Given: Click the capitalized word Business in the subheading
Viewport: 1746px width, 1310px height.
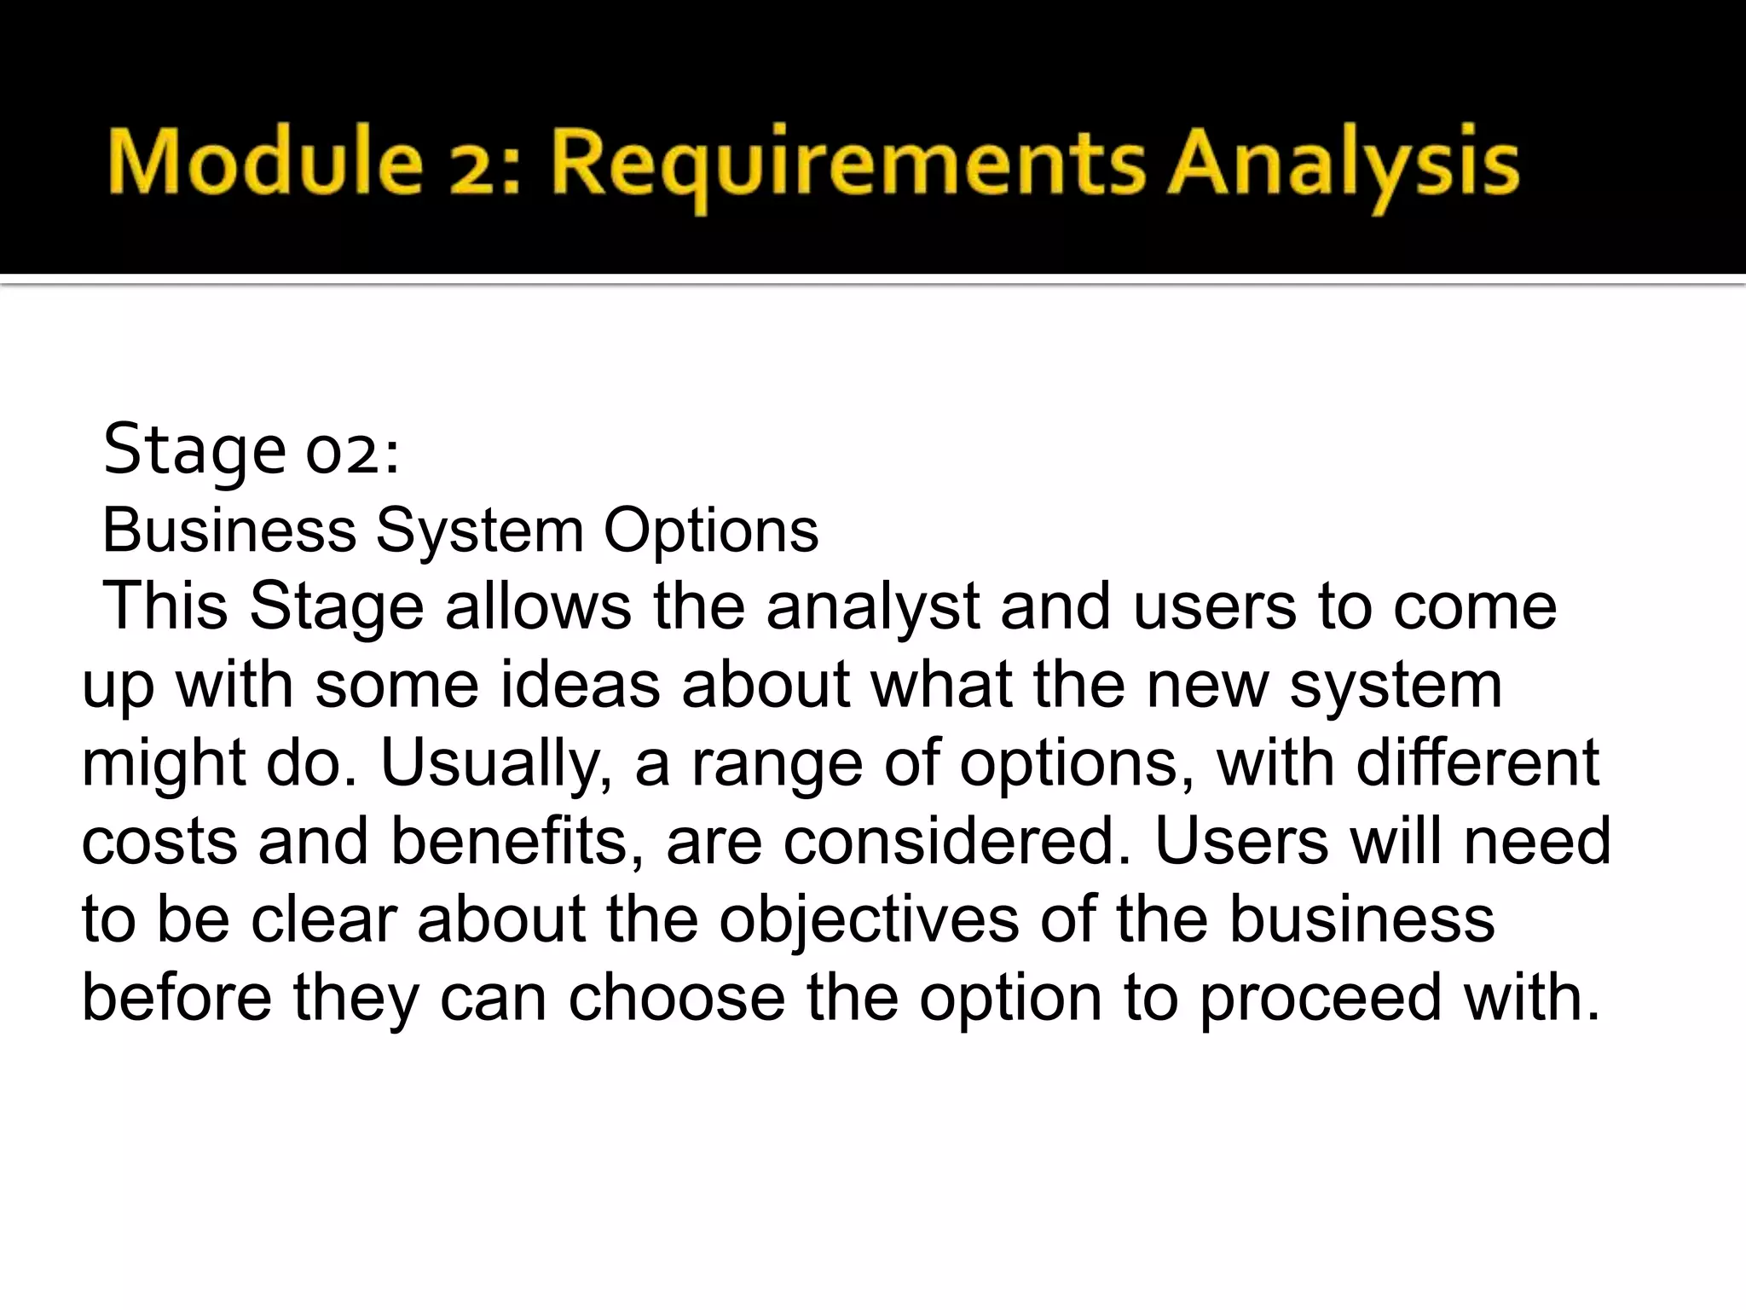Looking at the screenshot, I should click(x=228, y=530).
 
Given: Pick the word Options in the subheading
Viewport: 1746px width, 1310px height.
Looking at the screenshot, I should click(x=711, y=531).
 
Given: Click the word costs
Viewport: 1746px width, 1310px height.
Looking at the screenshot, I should click(x=159, y=842).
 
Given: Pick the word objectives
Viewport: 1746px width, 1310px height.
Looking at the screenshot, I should click(x=868, y=921).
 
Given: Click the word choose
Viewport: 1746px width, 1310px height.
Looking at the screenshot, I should click(x=676, y=998).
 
